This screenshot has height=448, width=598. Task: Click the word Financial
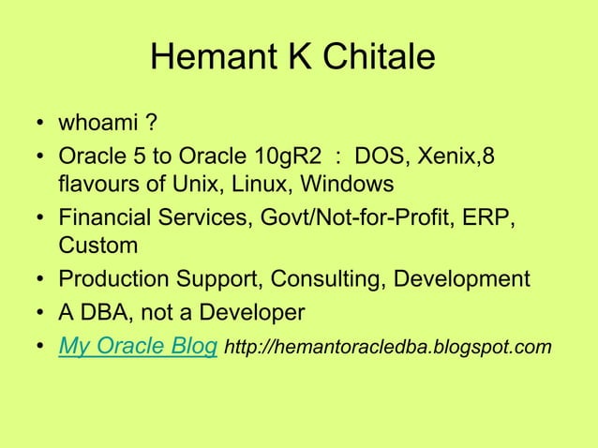point(105,217)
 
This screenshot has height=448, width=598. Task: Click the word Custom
point(98,246)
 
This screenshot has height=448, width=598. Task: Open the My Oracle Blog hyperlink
point(139,347)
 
